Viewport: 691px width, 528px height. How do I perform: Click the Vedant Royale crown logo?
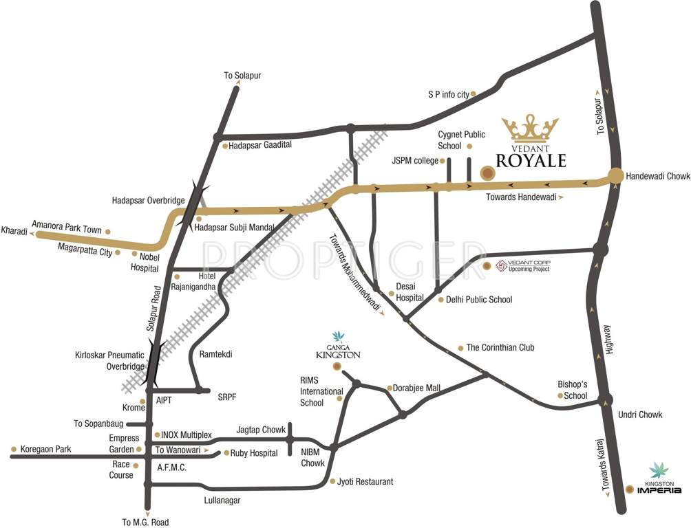[x=529, y=128]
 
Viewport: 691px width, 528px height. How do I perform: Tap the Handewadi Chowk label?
[x=657, y=177]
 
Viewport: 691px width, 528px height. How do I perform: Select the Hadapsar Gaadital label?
[x=260, y=145]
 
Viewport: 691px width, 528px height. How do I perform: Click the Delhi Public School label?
[x=479, y=300]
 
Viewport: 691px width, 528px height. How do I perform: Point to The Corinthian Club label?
[x=500, y=348]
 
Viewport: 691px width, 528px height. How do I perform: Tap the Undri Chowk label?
[x=640, y=415]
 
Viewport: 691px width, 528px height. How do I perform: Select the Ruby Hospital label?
[x=253, y=453]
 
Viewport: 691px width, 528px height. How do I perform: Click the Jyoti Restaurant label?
[x=365, y=482]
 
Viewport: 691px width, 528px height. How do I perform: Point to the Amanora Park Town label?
[x=67, y=230]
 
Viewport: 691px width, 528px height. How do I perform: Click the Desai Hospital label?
[x=409, y=294]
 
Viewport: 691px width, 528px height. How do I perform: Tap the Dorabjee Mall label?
[x=416, y=388]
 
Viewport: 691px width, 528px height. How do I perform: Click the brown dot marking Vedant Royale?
[x=487, y=174]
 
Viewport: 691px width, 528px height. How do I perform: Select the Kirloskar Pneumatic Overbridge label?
[x=110, y=361]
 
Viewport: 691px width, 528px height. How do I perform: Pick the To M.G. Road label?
[x=145, y=522]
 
